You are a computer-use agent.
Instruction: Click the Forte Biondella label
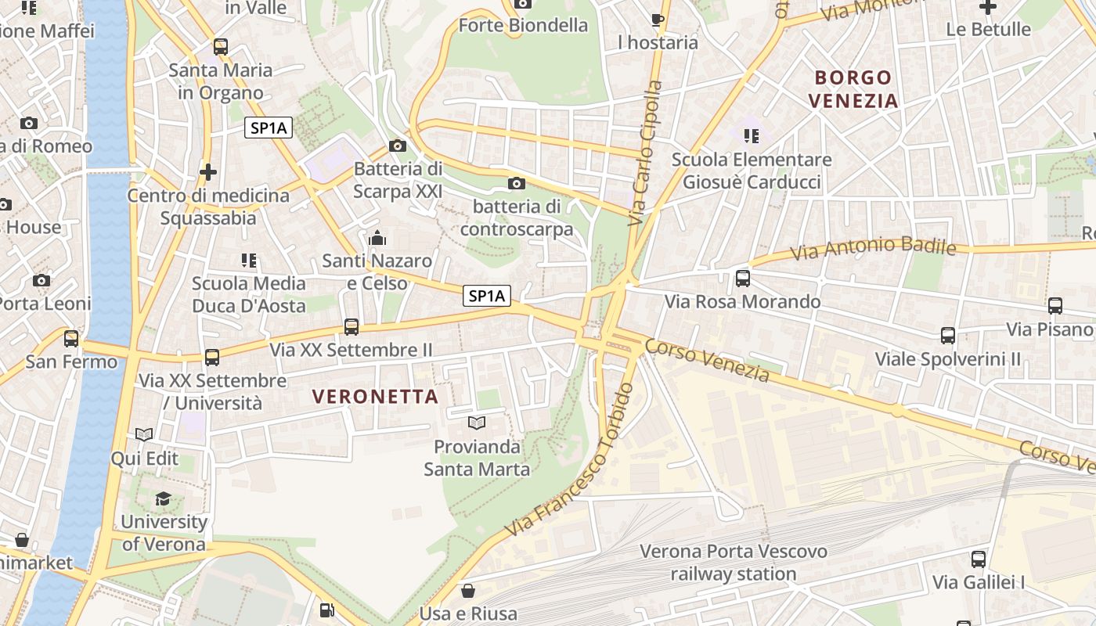(523, 25)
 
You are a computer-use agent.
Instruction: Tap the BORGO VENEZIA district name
(853, 88)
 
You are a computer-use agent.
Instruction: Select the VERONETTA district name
(376, 397)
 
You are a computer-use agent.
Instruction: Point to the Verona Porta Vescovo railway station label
(734, 563)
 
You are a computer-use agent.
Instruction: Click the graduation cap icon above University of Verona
(163, 499)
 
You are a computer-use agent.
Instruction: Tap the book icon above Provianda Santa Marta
(476, 423)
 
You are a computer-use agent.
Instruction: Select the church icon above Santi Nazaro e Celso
(377, 238)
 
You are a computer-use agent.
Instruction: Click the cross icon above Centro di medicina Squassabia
(208, 171)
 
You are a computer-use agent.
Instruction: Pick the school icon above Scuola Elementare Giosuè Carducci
(752, 136)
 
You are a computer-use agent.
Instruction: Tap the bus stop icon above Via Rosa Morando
(743, 278)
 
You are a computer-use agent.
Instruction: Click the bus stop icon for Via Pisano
(1055, 306)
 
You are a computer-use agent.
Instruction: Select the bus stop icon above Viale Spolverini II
(948, 336)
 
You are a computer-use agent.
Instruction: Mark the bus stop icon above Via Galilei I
(979, 559)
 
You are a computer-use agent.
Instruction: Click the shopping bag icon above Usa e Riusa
(468, 590)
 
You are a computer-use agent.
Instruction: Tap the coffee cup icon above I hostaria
(658, 20)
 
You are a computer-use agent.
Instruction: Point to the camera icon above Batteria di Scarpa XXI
(398, 146)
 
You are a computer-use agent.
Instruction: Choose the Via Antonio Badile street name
(873, 249)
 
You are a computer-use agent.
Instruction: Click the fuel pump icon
(326, 610)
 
